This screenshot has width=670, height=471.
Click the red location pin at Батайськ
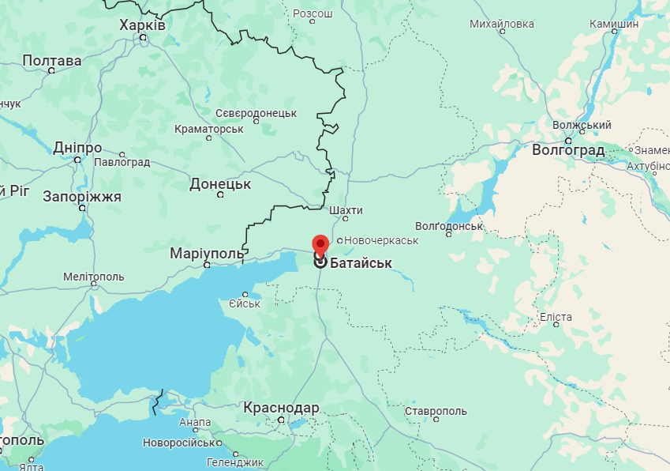[x=320, y=244]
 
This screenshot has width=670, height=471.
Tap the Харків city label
[x=142, y=25]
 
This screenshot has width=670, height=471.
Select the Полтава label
[x=52, y=60]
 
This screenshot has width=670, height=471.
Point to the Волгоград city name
[x=568, y=149]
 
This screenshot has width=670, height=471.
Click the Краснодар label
[x=281, y=408]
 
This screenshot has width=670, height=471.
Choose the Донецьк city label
[x=220, y=184]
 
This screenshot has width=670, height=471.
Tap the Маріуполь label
[x=207, y=253]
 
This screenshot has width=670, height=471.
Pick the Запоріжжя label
[x=82, y=196]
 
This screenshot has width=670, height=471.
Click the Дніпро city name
[x=77, y=148]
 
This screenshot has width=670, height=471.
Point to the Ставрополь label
[x=436, y=411]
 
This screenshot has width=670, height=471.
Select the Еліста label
[x=556, y=317]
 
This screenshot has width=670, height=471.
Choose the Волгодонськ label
[x=448, y=225]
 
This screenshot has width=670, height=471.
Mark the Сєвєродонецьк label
[x=256, y=113]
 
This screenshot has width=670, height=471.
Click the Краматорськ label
[x=209, y=128]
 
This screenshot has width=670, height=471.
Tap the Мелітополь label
[x=93, y=277]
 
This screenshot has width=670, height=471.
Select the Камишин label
[x=614, y=24]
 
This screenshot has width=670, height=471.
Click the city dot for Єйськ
[x=245, y=295]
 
